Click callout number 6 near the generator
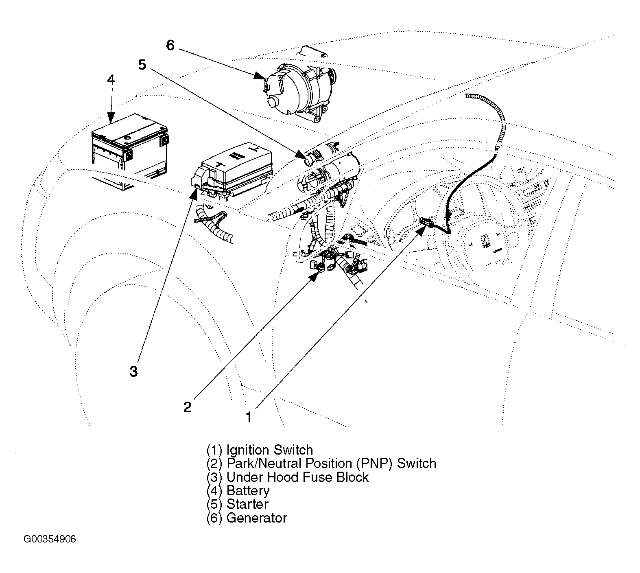170,45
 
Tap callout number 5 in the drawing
142,65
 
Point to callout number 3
133,371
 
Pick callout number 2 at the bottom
187,407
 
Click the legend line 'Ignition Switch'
260,450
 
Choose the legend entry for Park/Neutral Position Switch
321,464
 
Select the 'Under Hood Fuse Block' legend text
287,477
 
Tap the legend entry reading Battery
238,491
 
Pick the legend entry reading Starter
237,504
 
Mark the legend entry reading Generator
247,518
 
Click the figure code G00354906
50,540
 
